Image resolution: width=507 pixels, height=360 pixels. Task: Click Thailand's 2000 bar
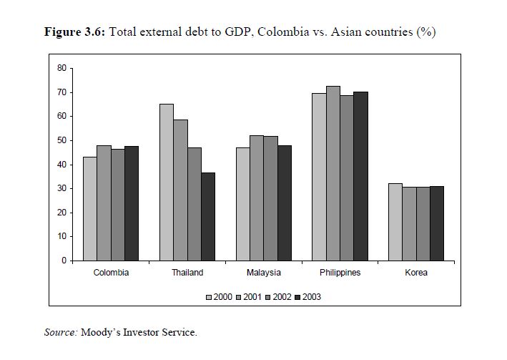point(166,182)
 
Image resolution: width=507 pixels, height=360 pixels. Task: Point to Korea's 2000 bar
point(395,222)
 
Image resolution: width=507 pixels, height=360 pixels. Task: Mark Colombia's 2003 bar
point(132,203)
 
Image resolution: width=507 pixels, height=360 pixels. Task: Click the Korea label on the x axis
point(415,273)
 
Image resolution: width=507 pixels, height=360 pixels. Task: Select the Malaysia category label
point(263,273)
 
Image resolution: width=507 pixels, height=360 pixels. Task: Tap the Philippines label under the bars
point(340,273)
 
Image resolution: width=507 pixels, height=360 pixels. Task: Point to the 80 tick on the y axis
point(61,69)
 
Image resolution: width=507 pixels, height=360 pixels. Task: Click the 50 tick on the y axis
point(61,140)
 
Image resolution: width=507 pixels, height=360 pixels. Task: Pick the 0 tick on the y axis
point(64,261)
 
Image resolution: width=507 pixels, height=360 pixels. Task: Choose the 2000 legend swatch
point(209,296)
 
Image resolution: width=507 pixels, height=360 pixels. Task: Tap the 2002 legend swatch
point(269,296)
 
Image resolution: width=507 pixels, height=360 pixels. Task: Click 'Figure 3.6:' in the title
point(75,32)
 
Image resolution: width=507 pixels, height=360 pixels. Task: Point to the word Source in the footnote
point(61,332)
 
